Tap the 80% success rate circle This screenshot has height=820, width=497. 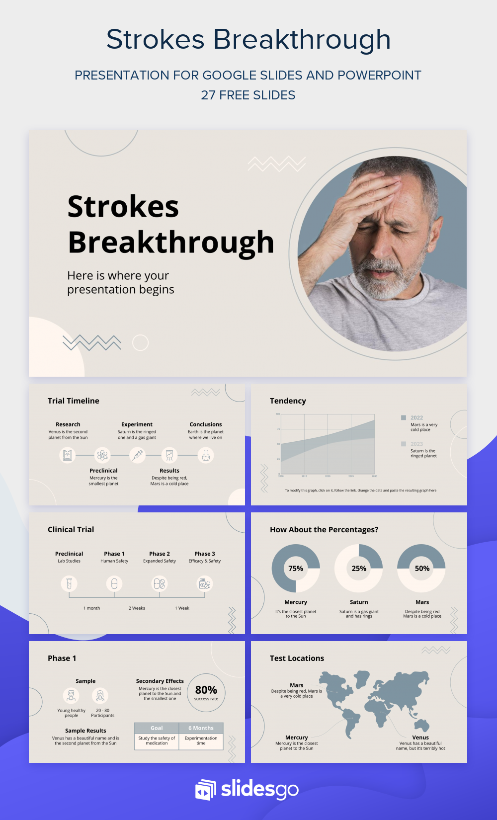(206, 692)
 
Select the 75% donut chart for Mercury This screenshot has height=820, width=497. (296, 569)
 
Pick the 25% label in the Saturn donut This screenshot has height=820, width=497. (359, 569)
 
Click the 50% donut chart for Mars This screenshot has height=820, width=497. (422, 569)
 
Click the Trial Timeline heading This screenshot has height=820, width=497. (74, 401)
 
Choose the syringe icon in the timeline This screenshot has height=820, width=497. (137, 455)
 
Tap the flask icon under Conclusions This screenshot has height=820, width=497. (206, 455)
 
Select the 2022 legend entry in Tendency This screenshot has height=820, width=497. (416, 417)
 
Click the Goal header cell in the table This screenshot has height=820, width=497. (157, 728)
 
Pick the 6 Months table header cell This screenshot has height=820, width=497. (201, 728)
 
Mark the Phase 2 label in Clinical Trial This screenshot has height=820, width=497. (160, 554)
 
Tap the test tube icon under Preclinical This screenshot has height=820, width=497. (69, 583)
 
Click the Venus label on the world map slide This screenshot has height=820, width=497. (420, 738)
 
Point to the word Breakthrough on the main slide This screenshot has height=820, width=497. (171, 243)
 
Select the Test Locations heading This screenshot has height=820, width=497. (297, 658)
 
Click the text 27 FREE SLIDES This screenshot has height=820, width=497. (248, 95)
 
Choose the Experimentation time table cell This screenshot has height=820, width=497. (201, 740)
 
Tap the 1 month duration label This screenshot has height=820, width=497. (91, 608)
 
